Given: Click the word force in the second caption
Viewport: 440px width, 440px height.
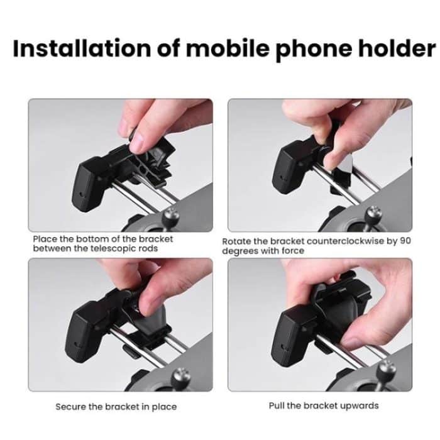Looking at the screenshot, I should point(292,251).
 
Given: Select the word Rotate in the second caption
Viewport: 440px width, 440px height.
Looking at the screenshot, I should point(236,241).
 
